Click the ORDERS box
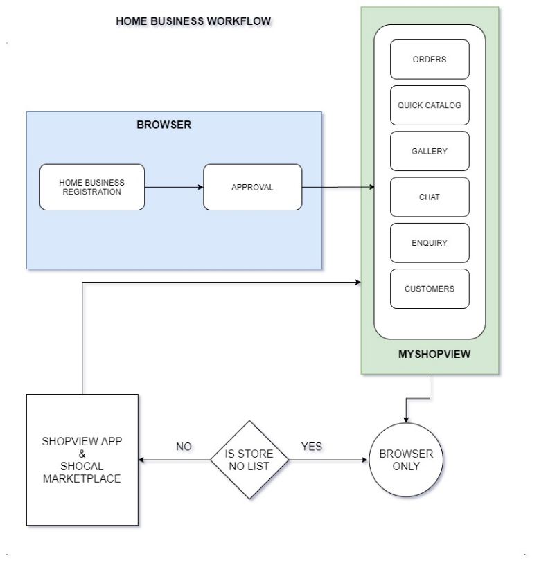tap(430, 60)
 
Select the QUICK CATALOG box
tap(430, 105)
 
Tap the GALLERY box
tap(430, 151)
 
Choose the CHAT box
tap(430, 197)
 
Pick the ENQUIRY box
tap(430, 243)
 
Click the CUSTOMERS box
tap(430, 289)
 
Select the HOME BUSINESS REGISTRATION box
tap(92, 187)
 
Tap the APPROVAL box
tap(252, 187)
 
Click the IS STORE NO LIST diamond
tap(249, 460)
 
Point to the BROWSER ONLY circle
tap(406, 460)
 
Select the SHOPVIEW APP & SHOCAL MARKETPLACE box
tap(82, 460)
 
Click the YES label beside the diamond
tap(312, 447)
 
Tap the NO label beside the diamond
tap(184, 447)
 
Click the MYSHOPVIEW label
tap(434, 355)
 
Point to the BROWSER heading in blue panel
tap(164, 125)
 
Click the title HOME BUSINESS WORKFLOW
tap(193, 21)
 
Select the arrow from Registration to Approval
tap(173, 187)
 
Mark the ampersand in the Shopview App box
tap(81, 454)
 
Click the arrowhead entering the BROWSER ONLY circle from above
tap(406, 418)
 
